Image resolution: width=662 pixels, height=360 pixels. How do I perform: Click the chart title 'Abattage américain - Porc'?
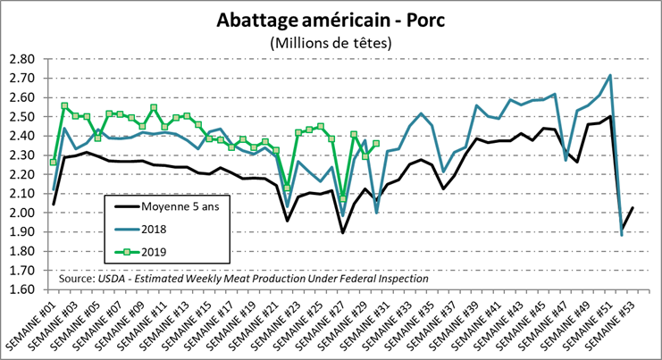pos(331,20)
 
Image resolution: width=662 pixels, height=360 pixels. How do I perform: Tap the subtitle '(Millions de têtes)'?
pos(331,42)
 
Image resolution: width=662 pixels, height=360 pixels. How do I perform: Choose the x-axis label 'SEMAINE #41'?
pos(482,323)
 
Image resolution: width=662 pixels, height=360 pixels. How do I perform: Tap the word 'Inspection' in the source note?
pos(400,279)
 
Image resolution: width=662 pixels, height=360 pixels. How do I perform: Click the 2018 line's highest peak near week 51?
pos(609,75)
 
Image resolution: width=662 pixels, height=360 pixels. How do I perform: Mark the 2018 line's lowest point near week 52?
pos(621,235)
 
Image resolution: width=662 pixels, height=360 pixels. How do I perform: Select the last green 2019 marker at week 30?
pos(376,143)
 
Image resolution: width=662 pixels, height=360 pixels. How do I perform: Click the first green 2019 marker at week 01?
pos(54,162)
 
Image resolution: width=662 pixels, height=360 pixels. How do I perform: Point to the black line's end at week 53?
pos(632,208)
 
